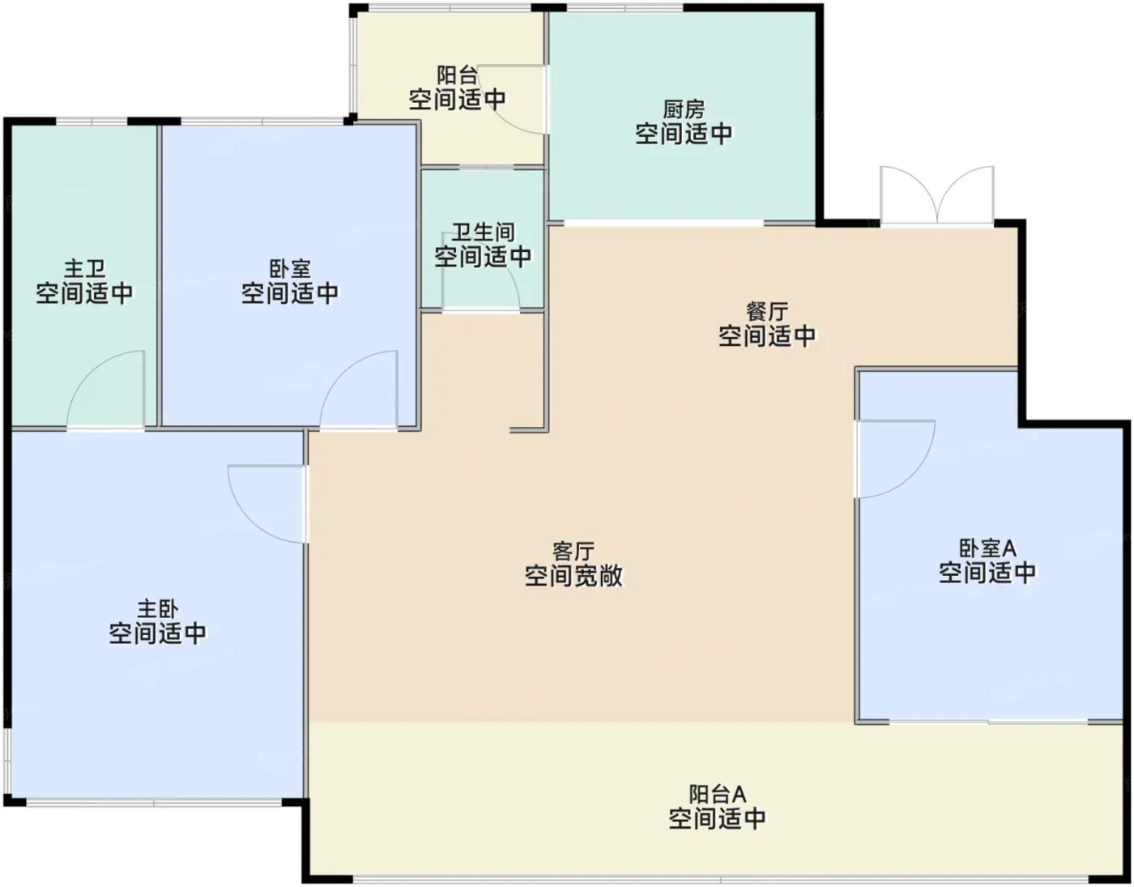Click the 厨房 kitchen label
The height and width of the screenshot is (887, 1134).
tap(684, 109)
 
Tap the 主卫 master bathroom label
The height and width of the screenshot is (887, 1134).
tap(84, 269)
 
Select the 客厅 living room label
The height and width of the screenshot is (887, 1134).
tap(573, 552)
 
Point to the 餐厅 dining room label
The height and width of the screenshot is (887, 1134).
tap(766, 312)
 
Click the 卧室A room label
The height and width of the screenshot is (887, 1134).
tap(987, 548)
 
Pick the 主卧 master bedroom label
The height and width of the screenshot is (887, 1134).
tap(158, 609)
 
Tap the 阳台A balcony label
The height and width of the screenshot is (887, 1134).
tap(717, 795)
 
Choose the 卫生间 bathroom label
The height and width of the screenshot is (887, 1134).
tap(483, 232)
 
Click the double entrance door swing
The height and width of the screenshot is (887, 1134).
tap(936, 196)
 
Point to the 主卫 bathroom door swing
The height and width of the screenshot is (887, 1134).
tap(104, 390)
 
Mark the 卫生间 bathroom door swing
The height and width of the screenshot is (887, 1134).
tap(480, 272)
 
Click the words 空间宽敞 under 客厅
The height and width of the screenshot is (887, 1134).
tap(573, 575)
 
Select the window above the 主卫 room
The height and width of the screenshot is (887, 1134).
tap(92, 122)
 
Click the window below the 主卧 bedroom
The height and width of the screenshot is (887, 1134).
tap(154, 802)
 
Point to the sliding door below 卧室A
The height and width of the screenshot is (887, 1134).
tap(988, 723)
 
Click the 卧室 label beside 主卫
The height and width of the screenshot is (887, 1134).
tap(290, 269)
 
